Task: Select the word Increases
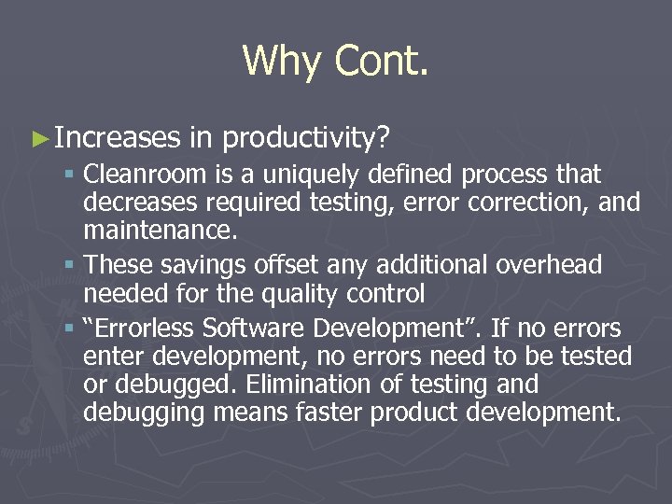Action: click(117, 139)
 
